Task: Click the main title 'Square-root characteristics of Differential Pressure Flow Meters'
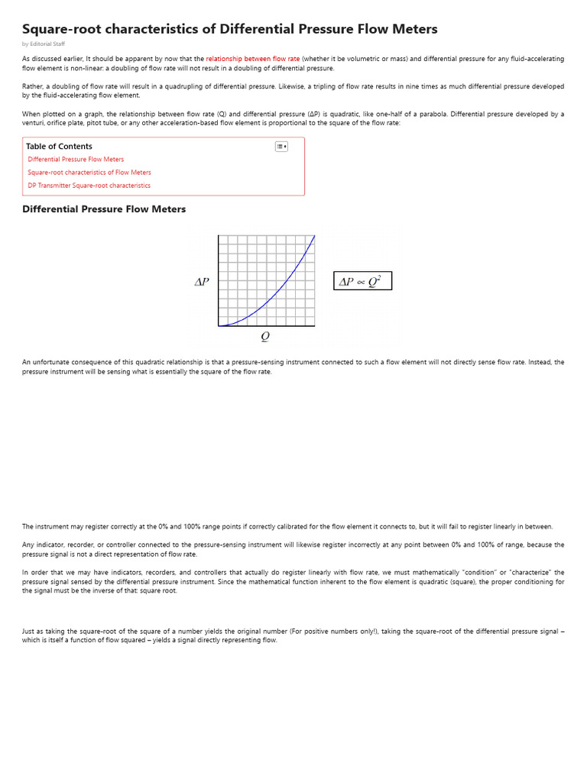[x=229, y=29]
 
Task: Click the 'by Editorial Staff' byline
[x=44, y=44]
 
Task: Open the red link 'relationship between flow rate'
[x=252, y=59]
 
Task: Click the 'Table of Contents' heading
[x=59, y=146]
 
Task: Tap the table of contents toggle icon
[x=281, y=147]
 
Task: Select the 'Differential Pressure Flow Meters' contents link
[x=76, y=160]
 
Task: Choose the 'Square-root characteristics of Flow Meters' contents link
[x=89, y=173]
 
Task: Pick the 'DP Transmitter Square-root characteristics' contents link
[x=89, y=186]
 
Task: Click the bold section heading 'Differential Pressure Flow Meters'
[x=104, y=209]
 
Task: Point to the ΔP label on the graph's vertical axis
[x=202, y=282]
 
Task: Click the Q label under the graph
[x=265, y=336]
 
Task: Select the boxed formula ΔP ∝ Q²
[x=362, y=282]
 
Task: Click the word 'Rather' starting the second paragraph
[x=31, y=87]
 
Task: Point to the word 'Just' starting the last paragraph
[x=28, y=632]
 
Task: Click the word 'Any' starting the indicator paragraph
[x=28, y=545]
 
